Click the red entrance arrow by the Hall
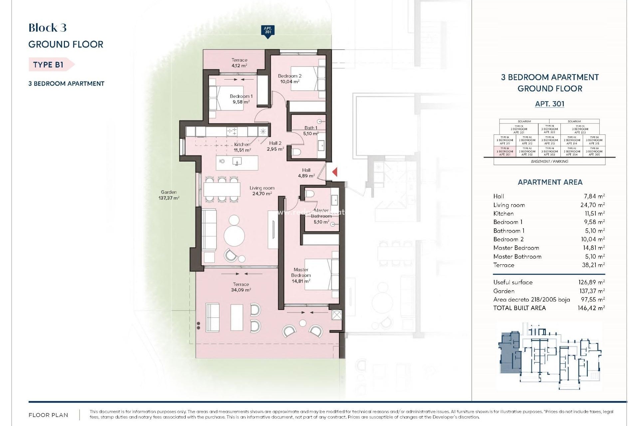pyautogui.click(x=335, y=172)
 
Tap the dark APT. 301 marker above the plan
pyautogui.click(x=268, y=31)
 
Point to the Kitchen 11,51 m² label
pyautogui.click(x=242, y=147)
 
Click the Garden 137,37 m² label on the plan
pyautogui.click(x=169, y=195)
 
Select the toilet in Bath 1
pyautogui.click(x=296, y=152)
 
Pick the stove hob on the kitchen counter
pyautogui.click(x=232, y=131)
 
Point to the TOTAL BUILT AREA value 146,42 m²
pyautogui.click(x=591, y=308)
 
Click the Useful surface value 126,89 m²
pyautogui.click(x=591, y=282)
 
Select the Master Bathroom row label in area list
pyautogui.click(x=517, y=257)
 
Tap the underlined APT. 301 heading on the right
pyautogui.click(x=549, y=104)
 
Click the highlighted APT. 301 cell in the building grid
pyautogui.click(x=505, y=152)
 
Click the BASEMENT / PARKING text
pyautogui.click(x=549, y=161)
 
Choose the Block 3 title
pyautogui.click(x=48, y=28)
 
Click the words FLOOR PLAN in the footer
pyautogui.click(x=48, y=415)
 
